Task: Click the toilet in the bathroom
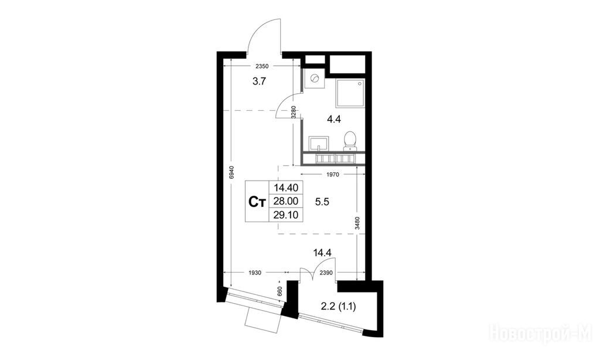point(350,141)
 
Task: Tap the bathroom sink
point(318,143)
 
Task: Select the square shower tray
point(350,93)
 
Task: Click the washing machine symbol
point(315,79)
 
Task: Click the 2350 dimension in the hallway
point(262,66)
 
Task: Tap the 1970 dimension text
point(333,175)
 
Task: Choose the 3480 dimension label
point(357,223)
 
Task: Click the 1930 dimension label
point(255,273)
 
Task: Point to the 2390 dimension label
point(326,273)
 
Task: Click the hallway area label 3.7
point(259,81)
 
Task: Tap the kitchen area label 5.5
point(322,202)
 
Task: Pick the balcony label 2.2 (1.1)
point(338,307)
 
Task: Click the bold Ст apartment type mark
point(257,202)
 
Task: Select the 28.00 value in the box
point(286,201)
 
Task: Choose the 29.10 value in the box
point(286,215)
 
